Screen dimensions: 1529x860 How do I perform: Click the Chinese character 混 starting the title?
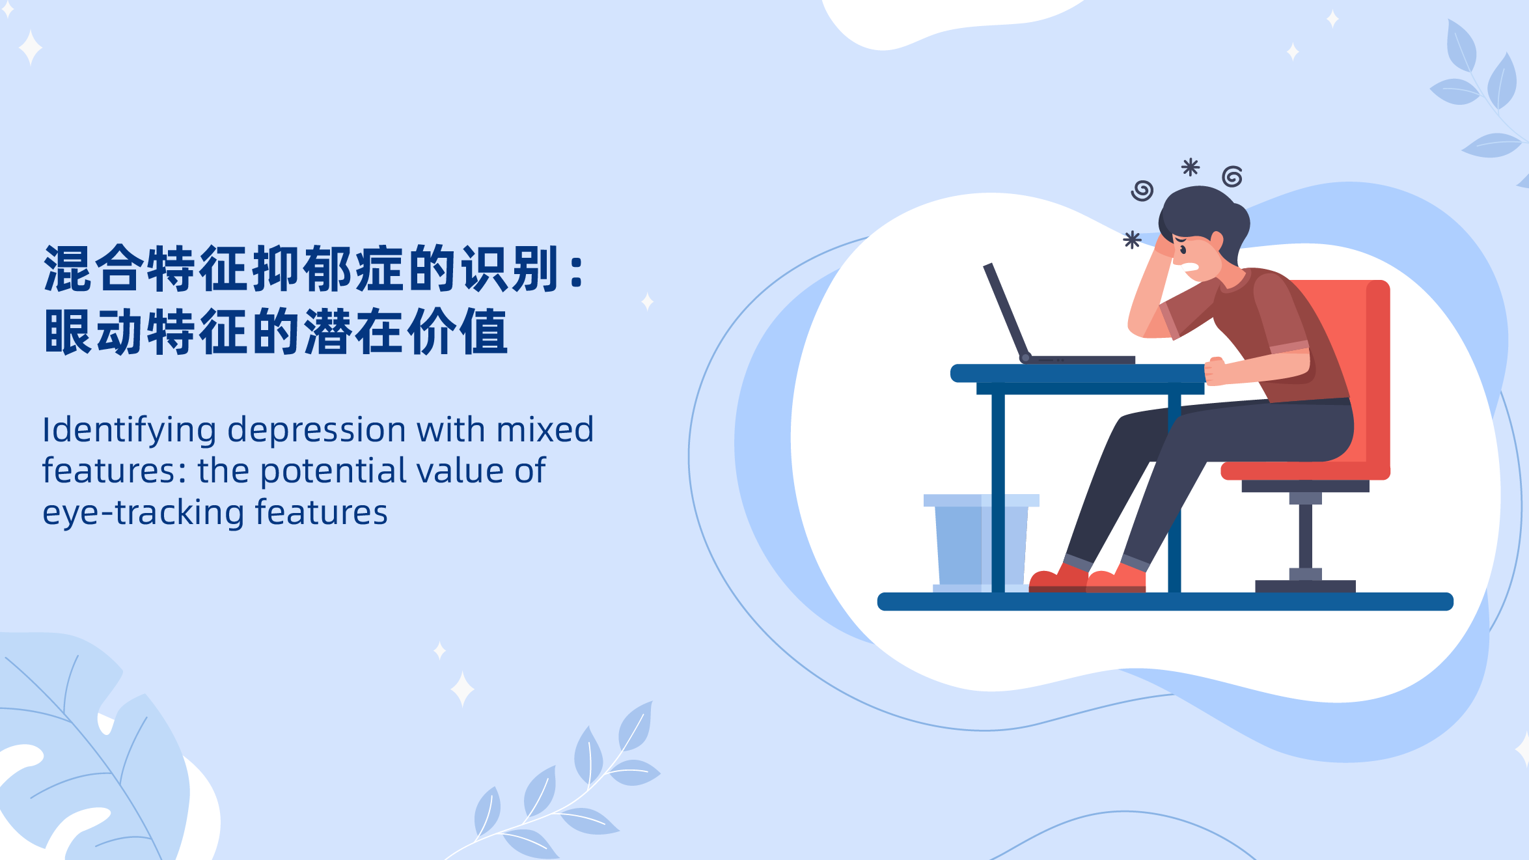[68, 268]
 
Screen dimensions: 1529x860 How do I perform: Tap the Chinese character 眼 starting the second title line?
[68, 331]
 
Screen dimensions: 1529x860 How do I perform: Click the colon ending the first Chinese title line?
[576, 270]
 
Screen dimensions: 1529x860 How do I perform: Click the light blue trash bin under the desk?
[981, 543]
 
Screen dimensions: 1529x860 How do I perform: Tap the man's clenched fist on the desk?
[1215, 371]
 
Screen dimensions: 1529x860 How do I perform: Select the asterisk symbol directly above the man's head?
[1191, 167]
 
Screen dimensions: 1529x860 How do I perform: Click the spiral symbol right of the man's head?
[1232, 176]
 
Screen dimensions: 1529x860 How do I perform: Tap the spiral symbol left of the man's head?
[1142, 191]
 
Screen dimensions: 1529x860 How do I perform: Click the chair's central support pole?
[1305, 536]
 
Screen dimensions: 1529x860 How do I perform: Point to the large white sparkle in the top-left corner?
[31, 48]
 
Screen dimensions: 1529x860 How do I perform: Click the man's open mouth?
[1191, 266]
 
